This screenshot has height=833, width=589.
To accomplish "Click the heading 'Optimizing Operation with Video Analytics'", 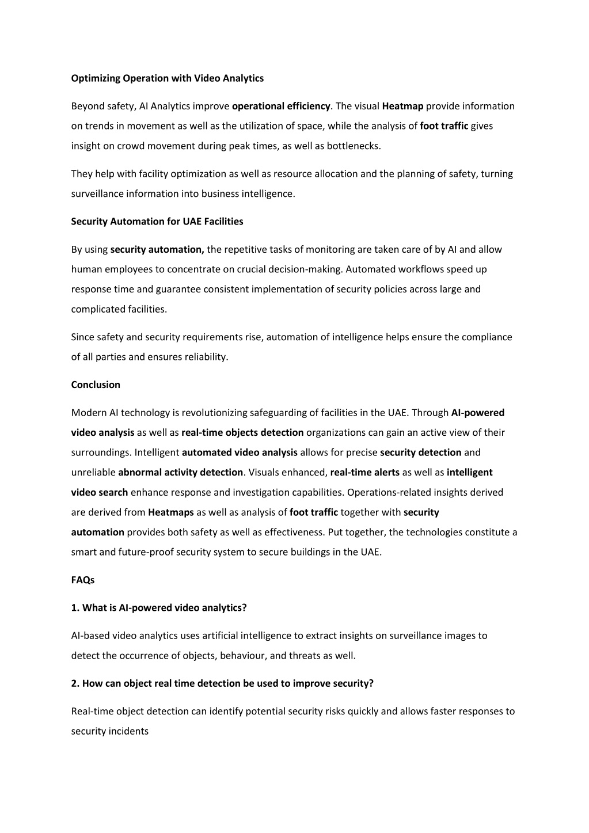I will pyautogui.click(x=167, y=78).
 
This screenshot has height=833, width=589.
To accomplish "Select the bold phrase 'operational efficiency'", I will pyautogui.click(x=281, y=106).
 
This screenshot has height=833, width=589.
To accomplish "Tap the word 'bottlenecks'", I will pyautogui.click(x=353, y=146).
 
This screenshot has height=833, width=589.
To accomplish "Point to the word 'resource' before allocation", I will pyautogui.click(x=294, y=174).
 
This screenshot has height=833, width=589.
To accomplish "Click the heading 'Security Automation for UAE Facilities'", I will pyautogui.click(x=157, y=222).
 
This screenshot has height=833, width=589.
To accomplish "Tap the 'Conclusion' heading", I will pyautogui.click(x=96, y=385).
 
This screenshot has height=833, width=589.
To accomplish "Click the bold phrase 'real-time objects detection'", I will pyautogui.click(x=242, y=433).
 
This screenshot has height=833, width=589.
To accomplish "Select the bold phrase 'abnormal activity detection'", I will pyautogui.click(x=180, y=473).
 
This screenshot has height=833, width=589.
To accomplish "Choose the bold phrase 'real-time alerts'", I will pyautogui.click(x=364, y=473).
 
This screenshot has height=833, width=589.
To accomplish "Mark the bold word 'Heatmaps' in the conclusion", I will pyautogui.click(x=171, y=512).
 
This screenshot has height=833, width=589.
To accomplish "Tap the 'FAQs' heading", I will pyautogui.click(x=83, y=580).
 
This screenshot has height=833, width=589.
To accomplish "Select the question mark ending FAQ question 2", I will pyautogui.click(x=371, y=684).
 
